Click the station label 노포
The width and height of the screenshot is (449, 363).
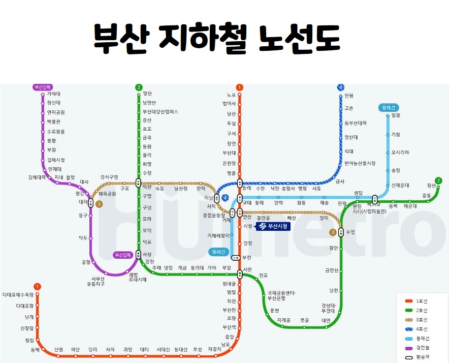coord(231,95)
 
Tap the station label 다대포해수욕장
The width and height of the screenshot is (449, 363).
coord(18,295)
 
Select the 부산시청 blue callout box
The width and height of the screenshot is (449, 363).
coord(274,226)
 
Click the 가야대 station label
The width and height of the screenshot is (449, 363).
coord(53,94)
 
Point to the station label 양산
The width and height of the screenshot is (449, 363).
coord(147,94)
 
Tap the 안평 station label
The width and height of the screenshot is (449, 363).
coord(348,96)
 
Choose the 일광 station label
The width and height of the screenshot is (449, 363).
coord(396,115)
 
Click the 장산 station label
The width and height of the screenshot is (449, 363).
coord(432,186)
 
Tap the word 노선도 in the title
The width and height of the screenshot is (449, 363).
coord(300,39)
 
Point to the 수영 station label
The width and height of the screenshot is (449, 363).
coord(350,232)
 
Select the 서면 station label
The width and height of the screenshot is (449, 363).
coord(248,269)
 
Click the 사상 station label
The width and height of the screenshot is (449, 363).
coord(147,254)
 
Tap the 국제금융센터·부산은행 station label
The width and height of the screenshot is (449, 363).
coord(282,296)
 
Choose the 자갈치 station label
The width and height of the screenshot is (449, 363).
coord(215,349)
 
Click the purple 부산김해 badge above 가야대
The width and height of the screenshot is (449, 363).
coord(43,87)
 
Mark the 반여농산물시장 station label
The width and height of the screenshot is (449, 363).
coord(360,163)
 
